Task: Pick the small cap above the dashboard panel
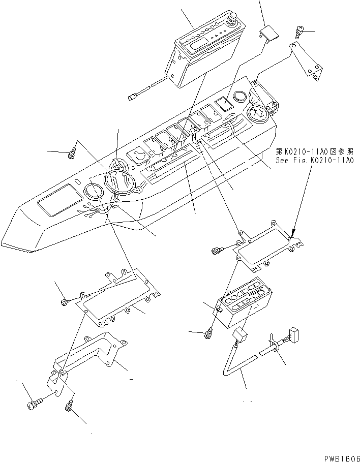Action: [x=269, y=35]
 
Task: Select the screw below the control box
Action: [x=207, y=334]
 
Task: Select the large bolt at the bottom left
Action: [x=32, y=405]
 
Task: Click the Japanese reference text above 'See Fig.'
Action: [x=314, y=151]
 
